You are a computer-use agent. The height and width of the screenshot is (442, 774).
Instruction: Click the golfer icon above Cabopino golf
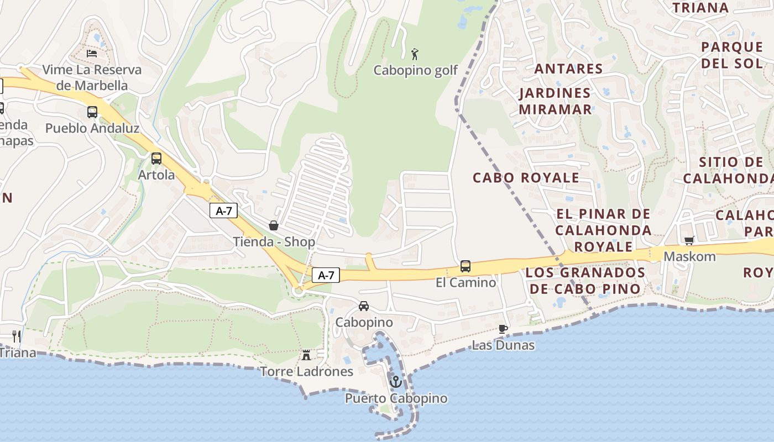415,54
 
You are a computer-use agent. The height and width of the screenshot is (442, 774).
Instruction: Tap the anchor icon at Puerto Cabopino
395,381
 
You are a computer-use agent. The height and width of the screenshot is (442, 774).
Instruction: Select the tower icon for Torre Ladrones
306,355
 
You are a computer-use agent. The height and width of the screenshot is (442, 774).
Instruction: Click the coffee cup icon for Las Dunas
503,329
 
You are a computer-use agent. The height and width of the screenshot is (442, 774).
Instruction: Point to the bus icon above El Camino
466,266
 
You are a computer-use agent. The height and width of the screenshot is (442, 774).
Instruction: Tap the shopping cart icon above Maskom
689,240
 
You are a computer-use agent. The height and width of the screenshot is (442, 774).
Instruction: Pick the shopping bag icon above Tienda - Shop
273,225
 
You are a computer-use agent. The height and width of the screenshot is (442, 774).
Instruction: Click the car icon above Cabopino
363,306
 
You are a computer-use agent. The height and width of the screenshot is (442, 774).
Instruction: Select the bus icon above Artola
156,159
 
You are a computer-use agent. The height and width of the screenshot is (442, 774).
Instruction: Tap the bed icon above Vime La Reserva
92,54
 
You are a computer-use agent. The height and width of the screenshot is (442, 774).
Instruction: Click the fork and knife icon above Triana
17,335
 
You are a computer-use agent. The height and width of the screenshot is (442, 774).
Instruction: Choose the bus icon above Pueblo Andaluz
92,112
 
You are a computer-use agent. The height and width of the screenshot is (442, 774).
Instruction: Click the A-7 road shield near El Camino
326,275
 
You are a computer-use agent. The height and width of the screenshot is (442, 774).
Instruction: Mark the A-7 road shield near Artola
223,211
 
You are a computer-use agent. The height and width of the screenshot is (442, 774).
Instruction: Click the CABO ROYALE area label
526,178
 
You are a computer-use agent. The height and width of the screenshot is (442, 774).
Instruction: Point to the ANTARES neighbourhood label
568,69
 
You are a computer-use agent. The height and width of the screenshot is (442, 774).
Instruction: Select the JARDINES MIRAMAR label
555,101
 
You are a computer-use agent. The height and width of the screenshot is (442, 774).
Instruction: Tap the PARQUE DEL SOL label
732,55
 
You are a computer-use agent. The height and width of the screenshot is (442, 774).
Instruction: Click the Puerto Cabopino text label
396,398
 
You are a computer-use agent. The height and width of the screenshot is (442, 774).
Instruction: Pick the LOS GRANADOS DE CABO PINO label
585,281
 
